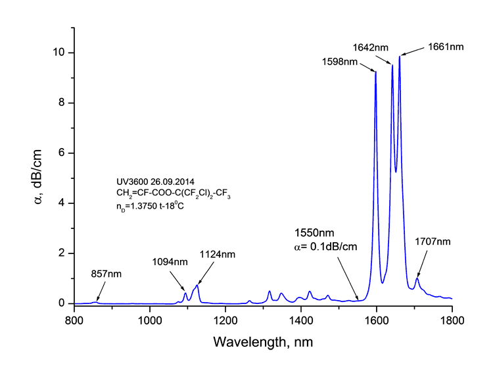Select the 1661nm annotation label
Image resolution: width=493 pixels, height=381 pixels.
coord(444,47)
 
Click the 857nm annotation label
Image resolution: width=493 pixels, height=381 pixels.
coord(106,272)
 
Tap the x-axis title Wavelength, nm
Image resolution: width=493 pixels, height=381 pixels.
coord(262,342)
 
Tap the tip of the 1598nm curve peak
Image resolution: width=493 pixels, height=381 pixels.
coord(375,72)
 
